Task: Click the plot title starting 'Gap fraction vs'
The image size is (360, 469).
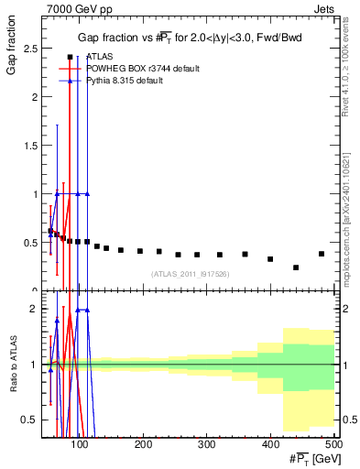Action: click(189, 37)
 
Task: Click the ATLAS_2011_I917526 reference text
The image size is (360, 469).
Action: click(189, 273)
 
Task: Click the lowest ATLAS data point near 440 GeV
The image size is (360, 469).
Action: click(296, 267)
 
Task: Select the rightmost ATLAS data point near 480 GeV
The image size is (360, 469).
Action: click(321, 254)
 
